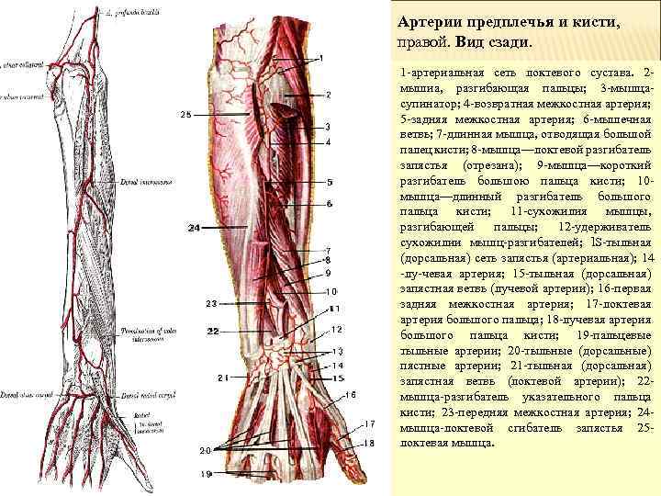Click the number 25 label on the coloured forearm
(x=185, y=115)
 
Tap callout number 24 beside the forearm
(x=194, y=227)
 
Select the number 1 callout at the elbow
(x=321, y=58)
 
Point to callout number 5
(x=329, y=182)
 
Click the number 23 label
(x=210, y=303)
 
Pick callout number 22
(x=212, y=330)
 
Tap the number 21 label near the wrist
(x=222, y=378)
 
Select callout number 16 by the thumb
(x=350, y=394)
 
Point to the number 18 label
(x=369, y=443)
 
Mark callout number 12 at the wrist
(x=337, y=330)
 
